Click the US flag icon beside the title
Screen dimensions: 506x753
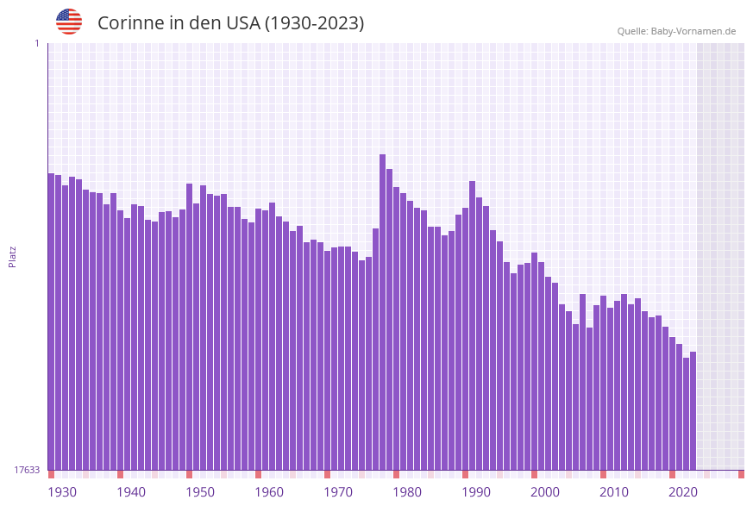tap(69, 22)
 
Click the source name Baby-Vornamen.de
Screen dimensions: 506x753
tap(693, 31)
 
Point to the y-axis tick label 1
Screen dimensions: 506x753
tap(37, 43)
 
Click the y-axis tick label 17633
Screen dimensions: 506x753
tap(27, 470)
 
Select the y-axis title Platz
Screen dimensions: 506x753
tap(13, 256)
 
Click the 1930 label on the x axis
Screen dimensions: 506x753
tap(62, 492)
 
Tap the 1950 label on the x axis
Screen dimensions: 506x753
tap(200, 492)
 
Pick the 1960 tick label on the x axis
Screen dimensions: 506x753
tap(269, 492)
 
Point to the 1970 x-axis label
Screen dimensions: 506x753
tap(338, 492)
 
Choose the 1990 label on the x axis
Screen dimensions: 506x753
tap(476, 492)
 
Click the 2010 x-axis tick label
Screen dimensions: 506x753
tap(614, 492)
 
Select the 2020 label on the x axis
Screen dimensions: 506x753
tap(683, 492)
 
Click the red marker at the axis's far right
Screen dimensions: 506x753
tap(741, 474)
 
